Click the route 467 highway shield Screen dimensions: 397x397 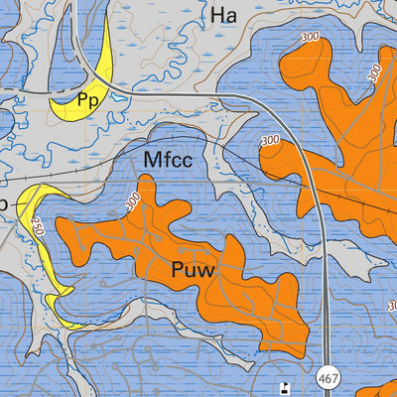[331, 379]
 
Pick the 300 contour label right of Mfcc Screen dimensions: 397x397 [270, 142]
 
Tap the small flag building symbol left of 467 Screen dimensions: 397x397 [285, 387]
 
